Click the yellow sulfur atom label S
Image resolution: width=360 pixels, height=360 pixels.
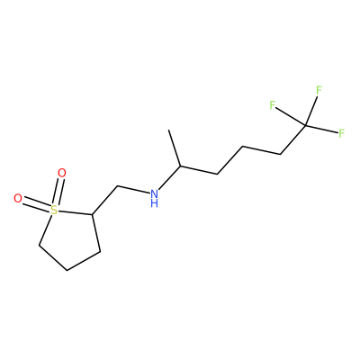click(53, 210)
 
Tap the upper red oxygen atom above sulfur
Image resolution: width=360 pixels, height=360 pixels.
click(62, 173)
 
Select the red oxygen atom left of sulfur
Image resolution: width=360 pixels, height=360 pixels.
click(18, 199)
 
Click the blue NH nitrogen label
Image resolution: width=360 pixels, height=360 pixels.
click(154, 198)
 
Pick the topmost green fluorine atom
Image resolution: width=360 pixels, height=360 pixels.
click(319, 90)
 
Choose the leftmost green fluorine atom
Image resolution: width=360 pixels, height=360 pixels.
click(272, 105)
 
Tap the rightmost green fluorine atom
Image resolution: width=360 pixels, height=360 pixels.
click(341, 133)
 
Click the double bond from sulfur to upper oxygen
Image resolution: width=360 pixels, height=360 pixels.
click(58, 192)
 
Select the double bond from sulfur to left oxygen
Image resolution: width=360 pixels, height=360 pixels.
click(36, 204)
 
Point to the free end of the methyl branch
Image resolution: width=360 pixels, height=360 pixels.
click(169, 130)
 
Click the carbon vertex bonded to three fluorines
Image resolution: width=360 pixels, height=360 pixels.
click(305, 124)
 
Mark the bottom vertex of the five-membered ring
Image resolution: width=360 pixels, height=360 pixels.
click(67, 270)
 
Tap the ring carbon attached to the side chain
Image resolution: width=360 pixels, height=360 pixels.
click(93, 214)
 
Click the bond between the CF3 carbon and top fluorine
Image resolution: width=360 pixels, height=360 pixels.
click(311, 110)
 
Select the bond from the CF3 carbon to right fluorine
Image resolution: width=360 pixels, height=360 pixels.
click(321, 128)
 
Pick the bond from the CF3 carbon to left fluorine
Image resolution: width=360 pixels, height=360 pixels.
click(291, 116)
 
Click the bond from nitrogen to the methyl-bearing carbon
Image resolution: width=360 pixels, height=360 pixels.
click(169, 177)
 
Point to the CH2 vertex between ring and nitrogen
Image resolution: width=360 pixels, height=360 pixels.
click(117, 186)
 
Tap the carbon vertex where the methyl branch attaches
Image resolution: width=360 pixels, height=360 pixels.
click(180, 166)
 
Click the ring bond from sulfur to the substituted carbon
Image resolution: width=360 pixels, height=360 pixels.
click(75, 212)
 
